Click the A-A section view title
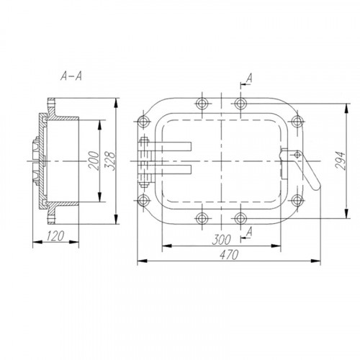pyautogui.click(x=71, y=76)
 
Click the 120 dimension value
pyautogui.click(x=55, y=236)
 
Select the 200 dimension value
pyautogui.click(x=94, y=161)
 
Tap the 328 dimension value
pyautogui.click(x=111, y=161)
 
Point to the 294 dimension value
pyautogui.click(x=341, y=161)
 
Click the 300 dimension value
pyautogui.click(x=222, y=240)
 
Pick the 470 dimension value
pyautogui.click(x=229, y=255)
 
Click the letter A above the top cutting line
pyautogui.click(x=250, y=78)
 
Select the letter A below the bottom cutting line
pyautogui.click(x=250, y=232)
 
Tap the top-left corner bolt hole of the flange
pyautogui.click(x=143, y=121)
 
